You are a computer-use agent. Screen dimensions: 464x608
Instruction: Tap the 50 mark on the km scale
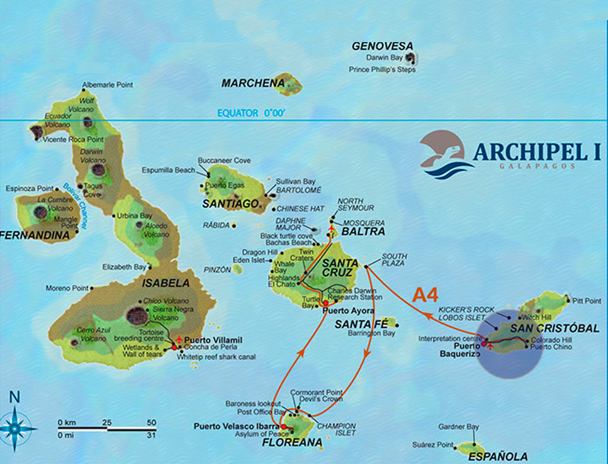click(151, 422)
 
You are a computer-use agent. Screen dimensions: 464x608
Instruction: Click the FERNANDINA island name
click(35, 235)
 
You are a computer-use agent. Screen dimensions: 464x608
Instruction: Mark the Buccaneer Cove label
click(224, 161)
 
